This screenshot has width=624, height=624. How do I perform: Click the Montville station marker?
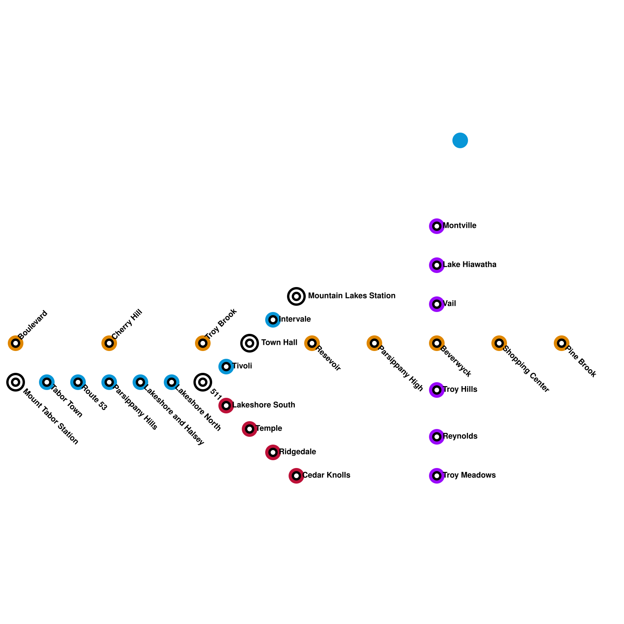(437, 226)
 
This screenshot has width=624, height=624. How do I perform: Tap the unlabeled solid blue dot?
(460, 140)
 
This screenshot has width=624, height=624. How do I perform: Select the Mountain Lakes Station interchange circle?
(296, 296)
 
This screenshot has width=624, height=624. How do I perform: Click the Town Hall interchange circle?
(250, 343)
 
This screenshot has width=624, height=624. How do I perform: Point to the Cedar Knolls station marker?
(296, 476)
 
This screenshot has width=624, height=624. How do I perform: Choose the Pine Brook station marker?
(562, 343)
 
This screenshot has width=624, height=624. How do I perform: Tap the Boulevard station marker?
(16, 343)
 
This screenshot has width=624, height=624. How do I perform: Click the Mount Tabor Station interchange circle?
(16, 382)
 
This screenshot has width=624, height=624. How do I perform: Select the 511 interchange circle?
(203, 382)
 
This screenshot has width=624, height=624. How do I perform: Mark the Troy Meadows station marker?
(437, 476)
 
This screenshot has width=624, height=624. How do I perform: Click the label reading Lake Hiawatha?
(470, 265)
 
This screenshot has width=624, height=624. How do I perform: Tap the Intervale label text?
(295, 319)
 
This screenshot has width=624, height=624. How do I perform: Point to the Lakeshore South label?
(264, 405)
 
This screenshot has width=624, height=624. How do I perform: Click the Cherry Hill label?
(127, 324)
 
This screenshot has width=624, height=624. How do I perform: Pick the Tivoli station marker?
(226, 367)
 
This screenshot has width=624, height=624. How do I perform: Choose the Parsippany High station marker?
(374, 343)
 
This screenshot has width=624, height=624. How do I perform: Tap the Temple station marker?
(250, 429)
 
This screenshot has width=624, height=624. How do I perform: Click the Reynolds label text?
(461, 436)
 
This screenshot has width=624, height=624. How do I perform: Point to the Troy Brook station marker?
(203, 343)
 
